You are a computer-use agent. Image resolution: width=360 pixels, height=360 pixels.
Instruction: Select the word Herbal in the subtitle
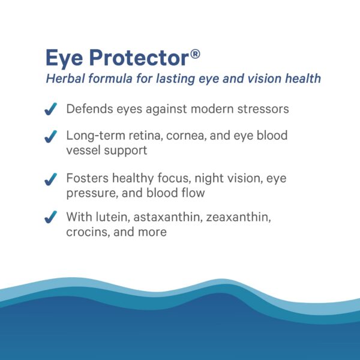tap(64, 79)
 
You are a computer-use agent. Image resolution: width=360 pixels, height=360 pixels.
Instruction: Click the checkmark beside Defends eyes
tap(52, 109)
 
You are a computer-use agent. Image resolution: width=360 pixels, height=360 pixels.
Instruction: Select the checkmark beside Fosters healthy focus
tap(52, 179)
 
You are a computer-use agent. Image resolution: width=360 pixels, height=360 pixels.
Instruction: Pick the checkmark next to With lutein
tap(52, 217)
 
